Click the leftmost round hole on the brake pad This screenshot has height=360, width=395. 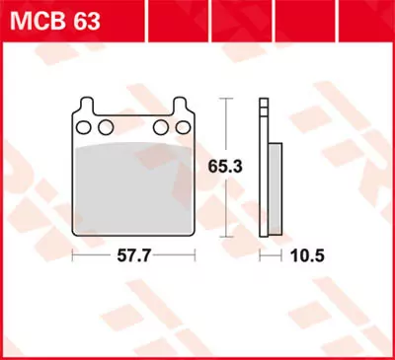point(84,126)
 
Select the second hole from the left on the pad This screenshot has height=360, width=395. point(103,126)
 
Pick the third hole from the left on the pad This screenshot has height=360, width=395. point(160,126)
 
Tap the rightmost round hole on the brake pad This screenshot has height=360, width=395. point(180,126)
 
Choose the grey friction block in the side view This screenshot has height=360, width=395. point(275,187)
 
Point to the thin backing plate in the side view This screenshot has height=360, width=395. point(264,168)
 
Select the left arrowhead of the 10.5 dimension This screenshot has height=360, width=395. point(262,255)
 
